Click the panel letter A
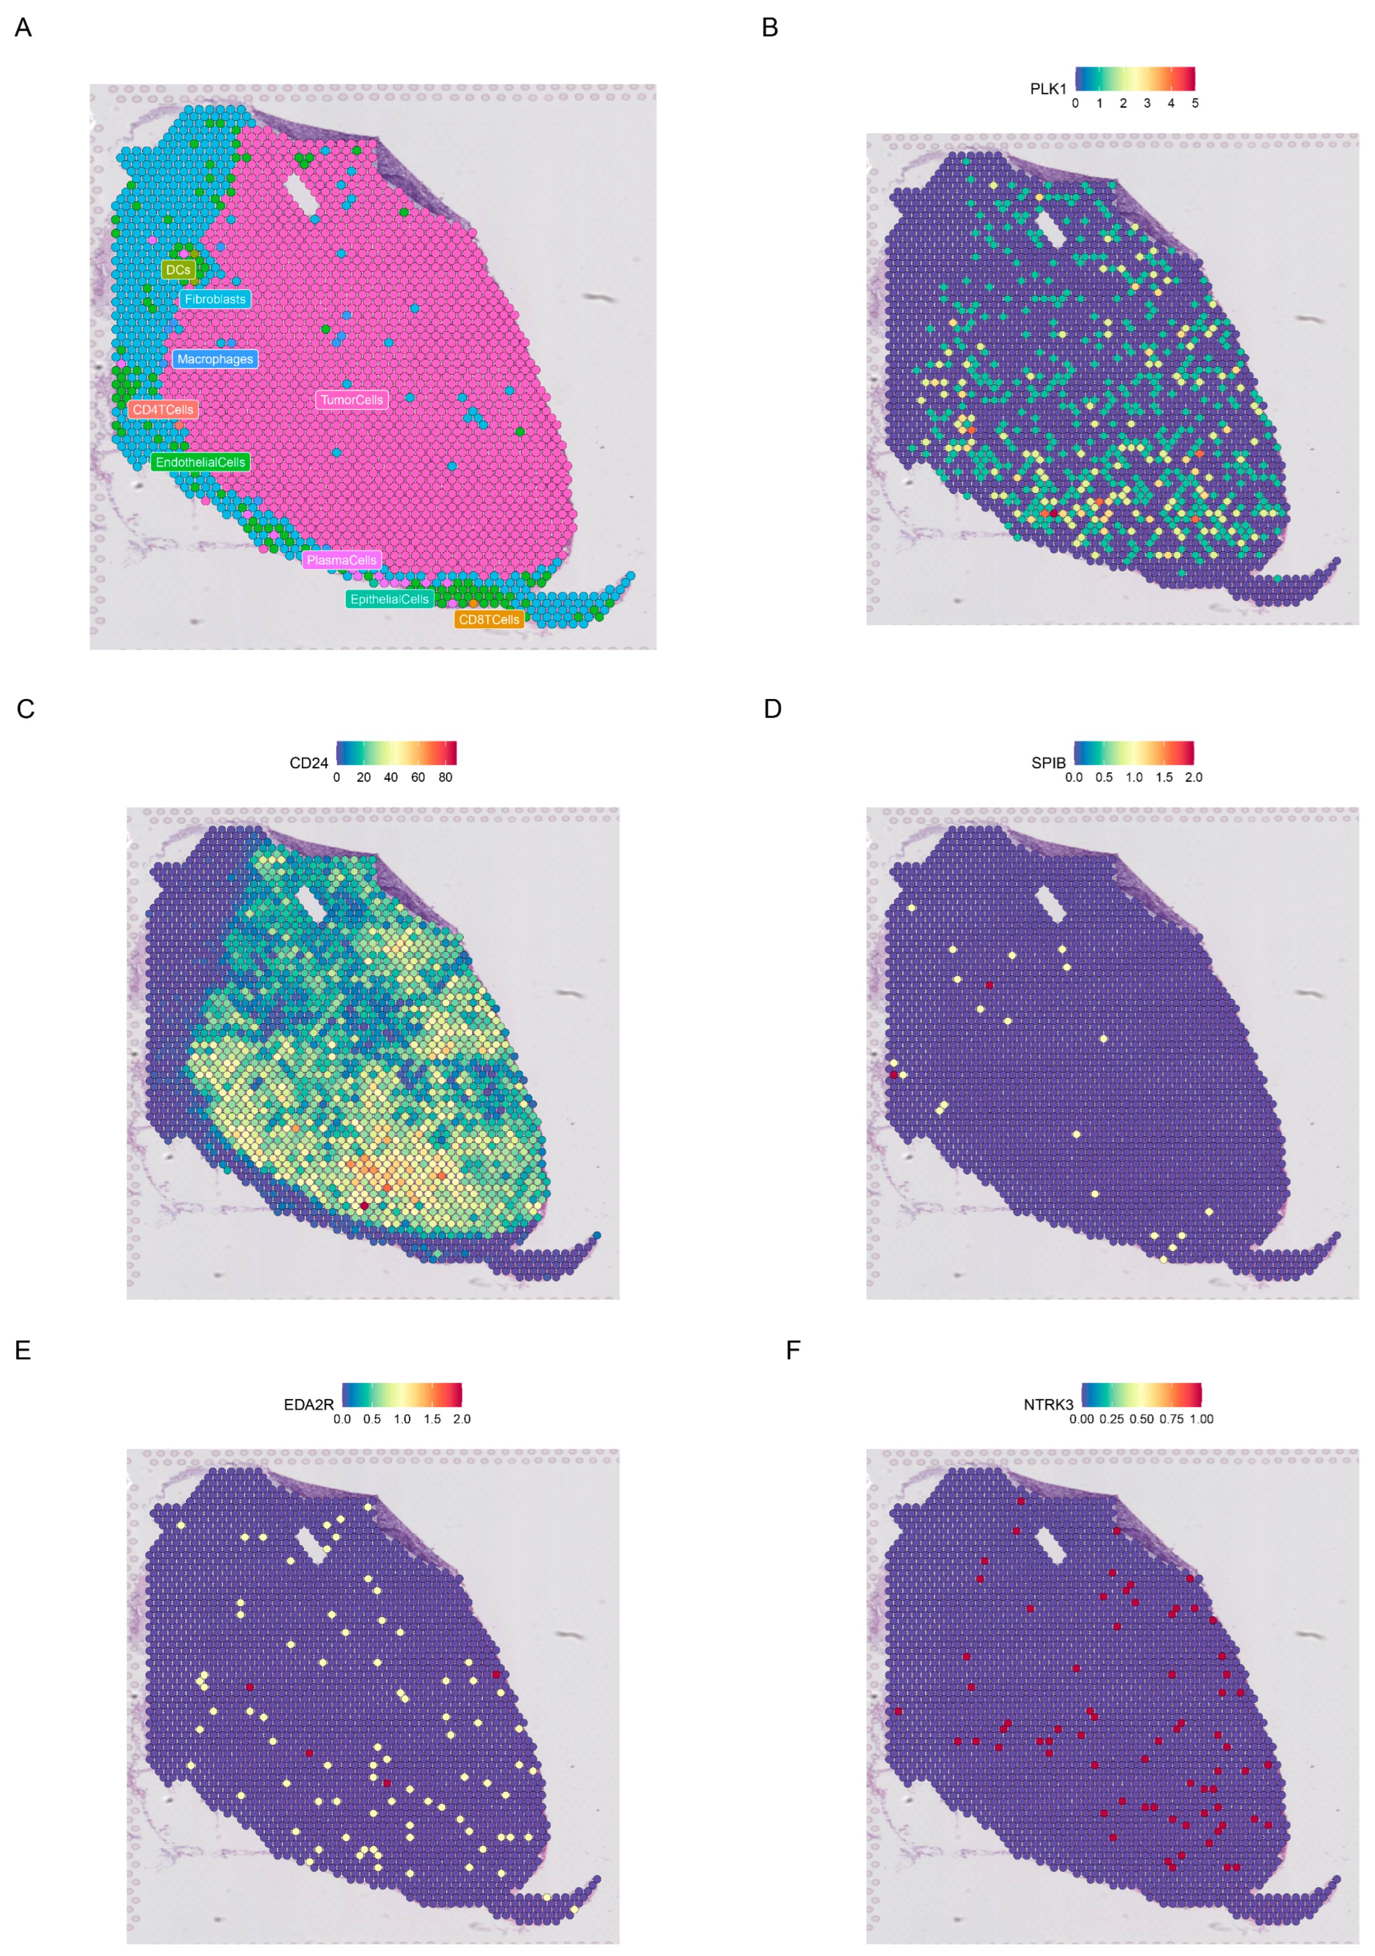tap(23, 28)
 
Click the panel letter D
tap(772, 709)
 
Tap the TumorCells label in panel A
tap(352, 400)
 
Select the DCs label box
tap(178, 269)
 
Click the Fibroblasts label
tap(215, 299)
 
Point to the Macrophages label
tap(215, 359)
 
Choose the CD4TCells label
tap(163, 410)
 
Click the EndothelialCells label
tap(200, 462)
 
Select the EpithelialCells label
tap(389, 599)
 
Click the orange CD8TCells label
tap(488, 619)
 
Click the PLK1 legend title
tap(1048, 89)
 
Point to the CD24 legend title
tap(308, 762)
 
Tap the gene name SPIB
tap(1048, 762)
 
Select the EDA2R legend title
tap(308, 1404)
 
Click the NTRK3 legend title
tap(1048, 1404)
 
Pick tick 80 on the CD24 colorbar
tap(445, 777)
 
